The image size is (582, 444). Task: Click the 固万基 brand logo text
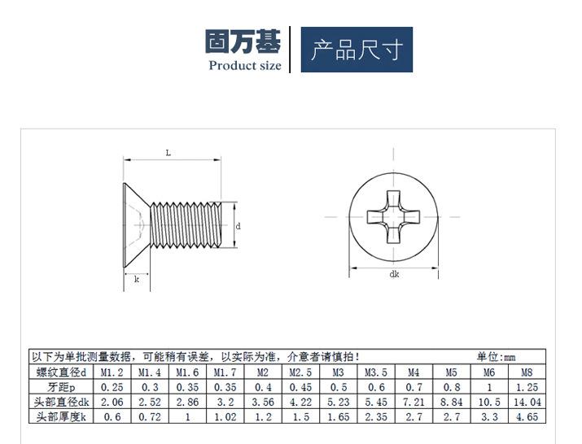pyautogui.click(x=243, y=41)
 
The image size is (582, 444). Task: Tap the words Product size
pyautogui.click(x=245, y=66)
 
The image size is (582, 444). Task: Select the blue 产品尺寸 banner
pyautogui.click(x=357, y=50)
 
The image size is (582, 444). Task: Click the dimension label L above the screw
pyautogui.click(x=168, y=153)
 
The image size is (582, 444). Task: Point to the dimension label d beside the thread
pyautogui.click(x=238, y=226)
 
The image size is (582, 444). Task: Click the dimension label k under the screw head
pyautogui.click(x=137, y=279)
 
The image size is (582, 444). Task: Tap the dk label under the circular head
pyautogui.click(x=394, y=274)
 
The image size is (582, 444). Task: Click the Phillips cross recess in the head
pyautogui.click(x=393, y=217)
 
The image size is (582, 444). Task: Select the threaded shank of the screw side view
pyautogui.click(x=186, y=224)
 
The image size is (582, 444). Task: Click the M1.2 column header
pyautogui.click(x=112, y=372)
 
